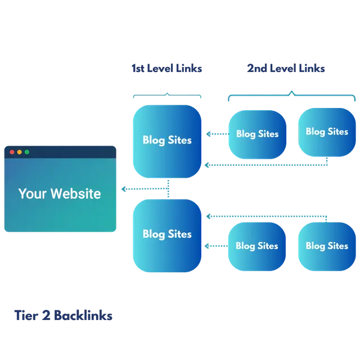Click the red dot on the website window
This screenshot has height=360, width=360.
pyautogui.click(x=11, y=152)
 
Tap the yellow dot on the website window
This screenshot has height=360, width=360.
pyautogui.click(x=19, y=152)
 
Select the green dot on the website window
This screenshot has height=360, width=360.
pyautogui.click(x=26, y=152)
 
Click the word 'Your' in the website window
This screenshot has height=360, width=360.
pyautogui.click(x=31, y=193)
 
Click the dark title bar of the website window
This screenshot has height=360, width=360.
pyautogui.click(x=67, y=152)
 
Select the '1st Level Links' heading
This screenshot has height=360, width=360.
pyautogui.click(x=166, y=69)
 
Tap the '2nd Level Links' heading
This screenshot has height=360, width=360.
pyautogui.click(x=286, y=69)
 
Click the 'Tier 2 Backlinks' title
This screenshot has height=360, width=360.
pyautogui.click(x=62, y=316)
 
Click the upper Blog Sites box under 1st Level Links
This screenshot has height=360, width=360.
pyautogui.click(x=166, y=141)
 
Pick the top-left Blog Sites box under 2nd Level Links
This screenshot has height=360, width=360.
pyautogui.click(x=257, y=134)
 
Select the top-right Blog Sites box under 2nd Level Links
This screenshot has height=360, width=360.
pyautogui.click(x=327, y=132)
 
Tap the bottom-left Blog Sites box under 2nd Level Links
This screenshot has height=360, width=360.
pyautogui.click(x=256, y=246)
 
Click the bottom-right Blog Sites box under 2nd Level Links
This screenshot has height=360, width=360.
pyautogui.click(x=327, y=246)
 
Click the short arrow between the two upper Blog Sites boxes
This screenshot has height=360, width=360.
pyautogui.click(x=215, y=134)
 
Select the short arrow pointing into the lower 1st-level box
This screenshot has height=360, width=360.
pyautogui.click(x=215, y=246)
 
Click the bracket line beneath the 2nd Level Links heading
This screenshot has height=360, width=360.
pyautogui.click(x=291, y=94)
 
